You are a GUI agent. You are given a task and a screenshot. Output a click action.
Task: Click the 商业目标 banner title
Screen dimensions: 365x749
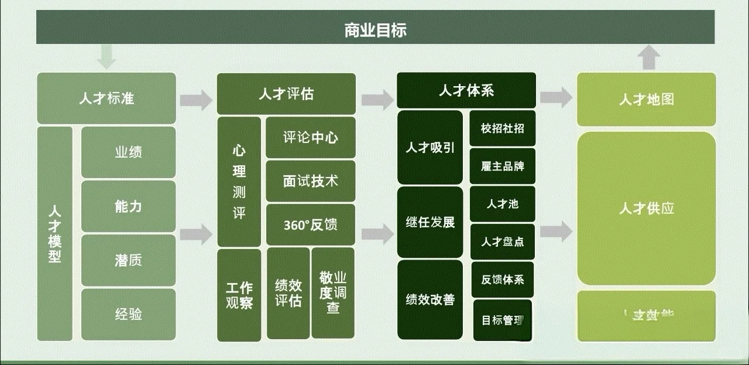coord(375,29)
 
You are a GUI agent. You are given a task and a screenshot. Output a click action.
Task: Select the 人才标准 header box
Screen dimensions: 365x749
coord(106,98)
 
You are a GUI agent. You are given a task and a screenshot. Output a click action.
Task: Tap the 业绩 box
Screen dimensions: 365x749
coord(128,152)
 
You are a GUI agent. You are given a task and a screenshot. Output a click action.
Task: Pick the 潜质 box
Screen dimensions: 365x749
coord(128,260)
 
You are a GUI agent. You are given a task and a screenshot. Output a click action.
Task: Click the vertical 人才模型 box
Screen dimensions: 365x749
coord(54,233)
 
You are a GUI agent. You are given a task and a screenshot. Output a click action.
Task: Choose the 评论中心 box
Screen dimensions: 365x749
coord(310,138)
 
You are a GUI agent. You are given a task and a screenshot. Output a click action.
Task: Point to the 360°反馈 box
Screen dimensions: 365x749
coord(310,224)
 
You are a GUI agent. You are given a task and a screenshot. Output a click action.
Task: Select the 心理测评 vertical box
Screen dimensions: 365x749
coord(239,182)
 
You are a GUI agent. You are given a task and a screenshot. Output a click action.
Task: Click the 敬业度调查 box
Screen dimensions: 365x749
coord(332,293)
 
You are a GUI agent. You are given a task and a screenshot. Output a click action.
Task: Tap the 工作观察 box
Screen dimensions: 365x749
coord(239,295)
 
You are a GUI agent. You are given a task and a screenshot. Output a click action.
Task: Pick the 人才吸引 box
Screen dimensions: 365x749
coord(430,148)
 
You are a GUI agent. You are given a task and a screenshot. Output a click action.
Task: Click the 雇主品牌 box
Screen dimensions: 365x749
coord(503,166)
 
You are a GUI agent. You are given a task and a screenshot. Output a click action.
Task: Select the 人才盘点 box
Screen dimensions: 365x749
coord(503,241)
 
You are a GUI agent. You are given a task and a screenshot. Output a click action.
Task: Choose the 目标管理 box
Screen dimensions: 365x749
coord(503,320)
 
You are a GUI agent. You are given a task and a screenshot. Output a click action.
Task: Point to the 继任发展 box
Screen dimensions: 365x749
coord(430,223)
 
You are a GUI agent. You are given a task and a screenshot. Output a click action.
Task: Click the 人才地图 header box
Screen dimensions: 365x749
coord(646,100)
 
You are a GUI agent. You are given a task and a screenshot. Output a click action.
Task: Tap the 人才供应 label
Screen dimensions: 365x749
coord(646,208)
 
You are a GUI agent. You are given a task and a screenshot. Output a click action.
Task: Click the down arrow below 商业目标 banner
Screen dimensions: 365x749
coord(106,57)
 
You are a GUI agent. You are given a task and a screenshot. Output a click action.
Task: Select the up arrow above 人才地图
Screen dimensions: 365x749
coord(648,58)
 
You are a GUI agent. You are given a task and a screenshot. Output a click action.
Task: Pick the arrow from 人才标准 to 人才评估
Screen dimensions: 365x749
coord(196,100)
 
